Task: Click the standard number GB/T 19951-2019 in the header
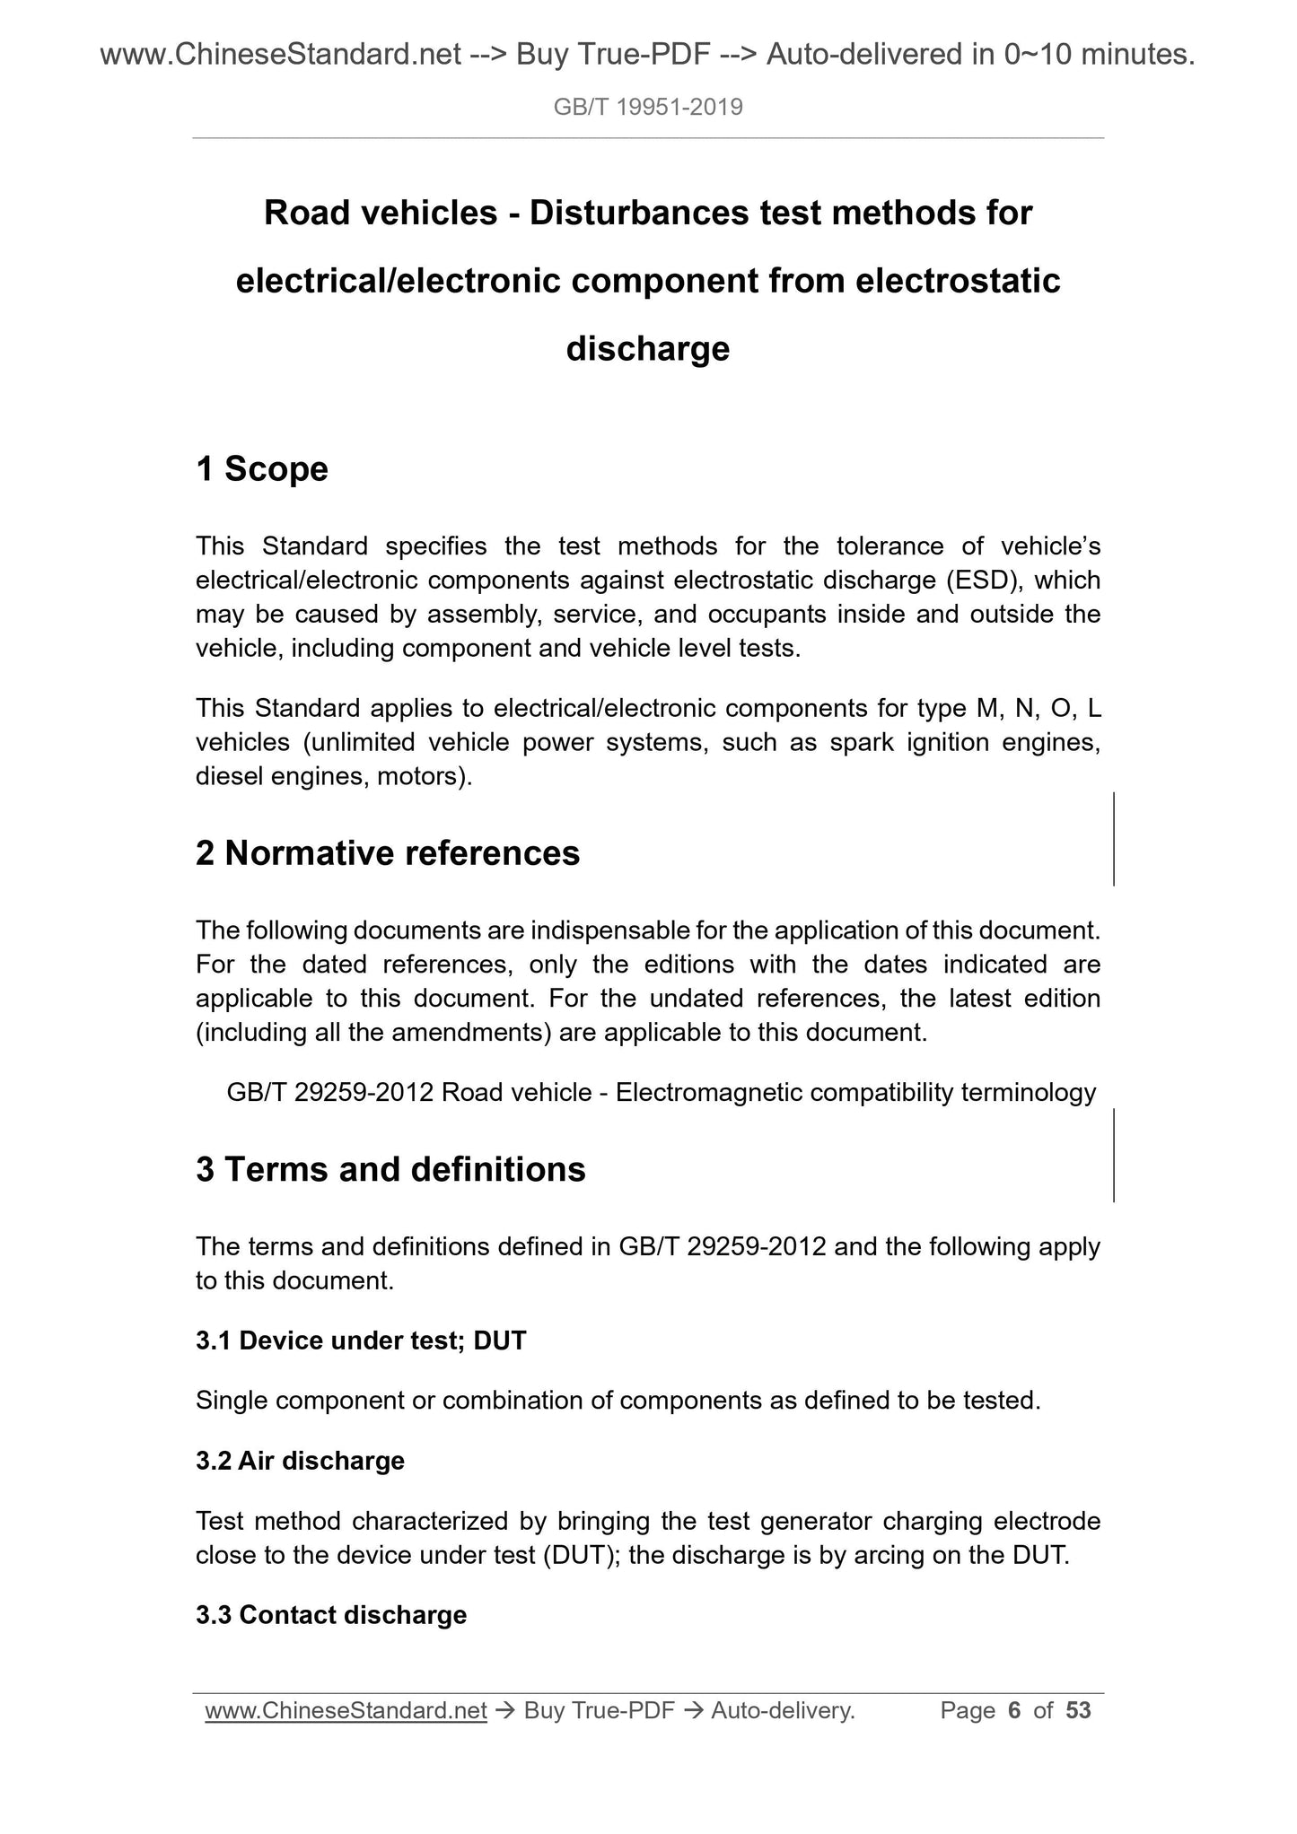click(x=648, y=108)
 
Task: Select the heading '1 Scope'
click(x=262, y=469)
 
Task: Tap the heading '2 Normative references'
click(x=388, y=853)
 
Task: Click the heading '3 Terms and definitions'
click(x=390, y=1170)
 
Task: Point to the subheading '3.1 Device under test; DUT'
click(x=361, y=1341)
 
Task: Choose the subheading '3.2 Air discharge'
click(x=300, y=1461)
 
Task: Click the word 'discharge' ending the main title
click(x=648, y=348)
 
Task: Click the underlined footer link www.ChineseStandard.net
click(x=346, y=1711)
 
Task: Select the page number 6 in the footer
click(x=1014, y=1711)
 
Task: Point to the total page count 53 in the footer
click(x=1078, y=1711)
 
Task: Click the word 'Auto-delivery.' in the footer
click(x=783, y=1711)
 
